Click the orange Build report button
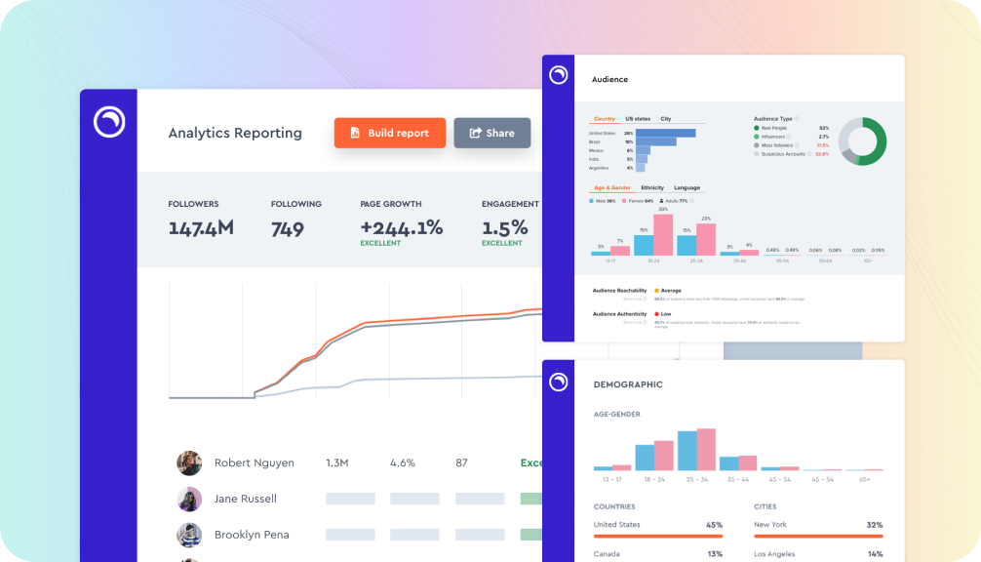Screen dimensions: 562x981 pos(389,133)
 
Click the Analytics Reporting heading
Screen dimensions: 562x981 pos(235,133)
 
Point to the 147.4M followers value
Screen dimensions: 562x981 pos(201,228)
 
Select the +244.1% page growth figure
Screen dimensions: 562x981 pos(401,228)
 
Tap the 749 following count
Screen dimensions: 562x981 pos(288,228)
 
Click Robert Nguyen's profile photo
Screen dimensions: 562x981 pos(189,462)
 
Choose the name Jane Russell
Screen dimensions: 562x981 pos(245,499)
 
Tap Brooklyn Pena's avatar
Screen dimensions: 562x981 pos(189,535)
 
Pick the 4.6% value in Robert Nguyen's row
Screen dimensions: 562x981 pos(403,462)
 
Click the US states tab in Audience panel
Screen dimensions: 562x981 pos(638,119)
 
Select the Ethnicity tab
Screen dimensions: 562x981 pos(652,187)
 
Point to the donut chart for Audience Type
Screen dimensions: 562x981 pos(862,141)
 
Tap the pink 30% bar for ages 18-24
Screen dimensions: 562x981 pos(663,234)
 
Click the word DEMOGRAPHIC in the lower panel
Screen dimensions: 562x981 pos(628,384)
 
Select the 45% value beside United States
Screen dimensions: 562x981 pos(714,525)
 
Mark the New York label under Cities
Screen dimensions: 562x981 pos(770,525)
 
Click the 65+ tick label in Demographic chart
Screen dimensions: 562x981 pos(865,480)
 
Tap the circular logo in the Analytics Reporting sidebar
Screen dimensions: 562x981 pos(109,121)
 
